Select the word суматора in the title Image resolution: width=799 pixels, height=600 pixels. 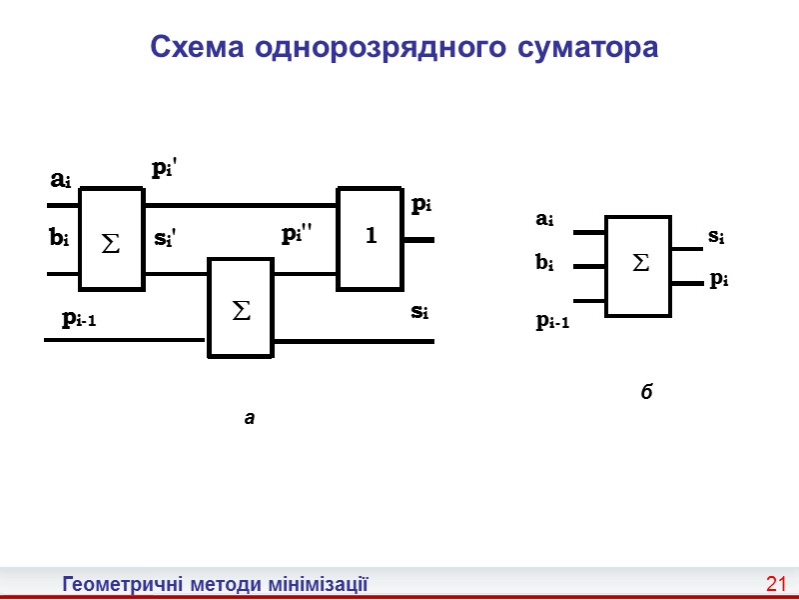[x=589, y=47]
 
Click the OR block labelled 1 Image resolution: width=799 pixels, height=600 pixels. [x=370, y=237]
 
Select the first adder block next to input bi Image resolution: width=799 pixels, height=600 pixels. [x=111, y=238]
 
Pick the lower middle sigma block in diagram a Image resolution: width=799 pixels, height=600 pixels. [x=240, y=308]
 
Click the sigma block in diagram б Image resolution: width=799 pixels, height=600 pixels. [x=639, y=265]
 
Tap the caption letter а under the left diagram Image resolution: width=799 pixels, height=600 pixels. [x=250, y=418]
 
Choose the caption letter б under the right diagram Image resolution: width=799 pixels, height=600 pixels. [x=647, y=391]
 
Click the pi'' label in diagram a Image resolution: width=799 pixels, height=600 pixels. [x=297, y=234]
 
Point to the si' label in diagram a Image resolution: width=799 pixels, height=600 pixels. [x=165, y=240]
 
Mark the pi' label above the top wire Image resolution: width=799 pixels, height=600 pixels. [x=164, y=169]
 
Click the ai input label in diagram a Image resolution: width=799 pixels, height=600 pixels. [x=60, y=180]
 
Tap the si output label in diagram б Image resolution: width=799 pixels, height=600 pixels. [x=716, y=237]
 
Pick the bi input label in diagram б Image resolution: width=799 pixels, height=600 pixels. [x=544, y=263]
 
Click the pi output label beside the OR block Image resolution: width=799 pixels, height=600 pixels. [x=421, y=205]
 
